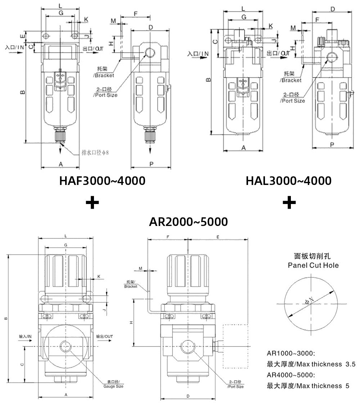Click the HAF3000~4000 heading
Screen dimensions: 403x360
click(103, 180)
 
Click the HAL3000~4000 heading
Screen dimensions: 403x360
click(288, 180)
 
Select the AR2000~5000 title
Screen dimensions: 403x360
click(188, 222)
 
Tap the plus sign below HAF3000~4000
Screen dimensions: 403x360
click(93, 203)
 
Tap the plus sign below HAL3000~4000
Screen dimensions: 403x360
click(289, 203)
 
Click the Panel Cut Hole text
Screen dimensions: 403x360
click(313, 265)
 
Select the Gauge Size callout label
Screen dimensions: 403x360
click(113, 384)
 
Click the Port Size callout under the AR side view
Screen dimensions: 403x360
click(236, 384)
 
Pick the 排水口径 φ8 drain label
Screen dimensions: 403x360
click(95, 153)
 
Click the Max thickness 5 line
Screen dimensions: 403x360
click(308, 386)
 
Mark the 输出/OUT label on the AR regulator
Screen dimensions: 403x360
click(105, 336)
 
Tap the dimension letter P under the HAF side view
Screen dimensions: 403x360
click(151, 164)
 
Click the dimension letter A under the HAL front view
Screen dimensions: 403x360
click(243, 148)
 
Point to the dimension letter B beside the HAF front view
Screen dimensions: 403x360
click(22, 92)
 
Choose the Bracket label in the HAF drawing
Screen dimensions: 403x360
click(104, 73)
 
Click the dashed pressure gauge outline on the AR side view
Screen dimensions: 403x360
click(236, 346)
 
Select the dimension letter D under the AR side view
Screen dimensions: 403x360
click(188, 396)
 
